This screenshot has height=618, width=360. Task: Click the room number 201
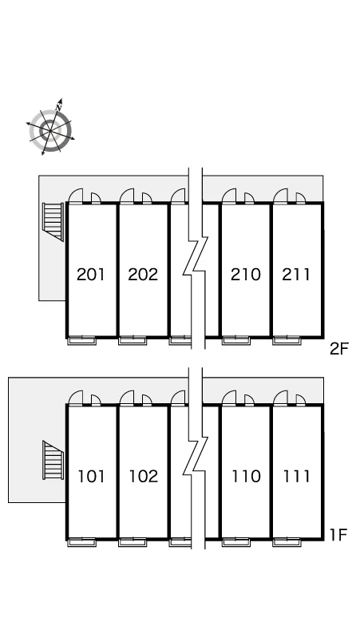point(91,275)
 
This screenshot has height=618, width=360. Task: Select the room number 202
point(143,275)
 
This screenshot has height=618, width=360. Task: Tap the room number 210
point(245,275)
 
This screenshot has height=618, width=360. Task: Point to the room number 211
point(296,275)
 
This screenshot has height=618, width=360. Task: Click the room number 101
point(91,476)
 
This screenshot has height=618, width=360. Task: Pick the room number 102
point(144,476)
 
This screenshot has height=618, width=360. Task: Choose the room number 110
point(246,476)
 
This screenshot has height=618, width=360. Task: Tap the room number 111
point(296,476)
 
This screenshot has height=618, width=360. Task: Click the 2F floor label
point(339,349)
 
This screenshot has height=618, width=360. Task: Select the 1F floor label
point(338,535)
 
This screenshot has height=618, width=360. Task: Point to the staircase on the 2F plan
point(53,221)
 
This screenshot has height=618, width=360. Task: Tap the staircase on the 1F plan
point(53,460)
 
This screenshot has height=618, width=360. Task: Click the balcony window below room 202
point(133,340)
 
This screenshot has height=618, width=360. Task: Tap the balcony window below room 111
point(287,542)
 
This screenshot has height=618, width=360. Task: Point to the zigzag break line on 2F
point(196,258)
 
